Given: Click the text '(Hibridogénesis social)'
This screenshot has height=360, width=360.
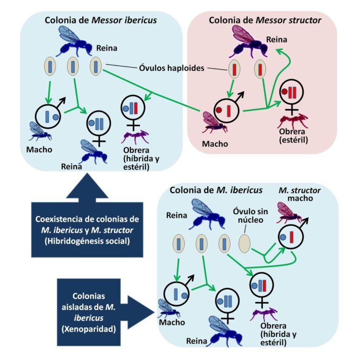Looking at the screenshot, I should coord(87,240).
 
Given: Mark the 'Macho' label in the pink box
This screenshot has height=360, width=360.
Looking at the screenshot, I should coord(215,143).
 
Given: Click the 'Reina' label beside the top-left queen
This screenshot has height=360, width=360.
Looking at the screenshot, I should coord(107,48).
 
